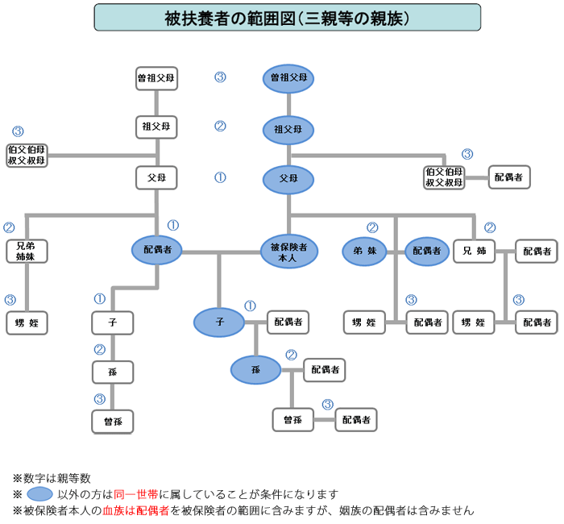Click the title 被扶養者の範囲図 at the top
pos(287,17)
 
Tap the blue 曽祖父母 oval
pos(288,78)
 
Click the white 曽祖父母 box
pos(156,78)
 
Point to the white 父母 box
pos(156,178)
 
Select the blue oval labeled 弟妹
pos(364,252)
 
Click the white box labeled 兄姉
pos(474,252)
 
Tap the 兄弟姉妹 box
pos(27,251)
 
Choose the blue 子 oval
pos(218,322)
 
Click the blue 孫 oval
pos(255,370)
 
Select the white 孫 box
pos(113,372)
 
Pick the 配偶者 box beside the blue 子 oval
pos(287,322)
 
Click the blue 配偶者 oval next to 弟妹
pos(427,252)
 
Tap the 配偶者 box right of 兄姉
pos(536,252)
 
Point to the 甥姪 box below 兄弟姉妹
pos(27,322)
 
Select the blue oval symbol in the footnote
pos(39,494)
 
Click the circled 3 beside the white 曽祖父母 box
pos(220,77)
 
